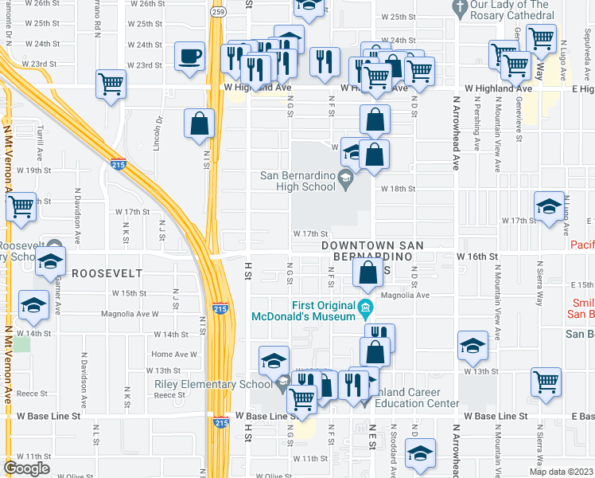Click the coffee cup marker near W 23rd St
point(189,57)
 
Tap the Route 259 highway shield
point(217,13)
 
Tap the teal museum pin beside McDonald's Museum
point(364,308)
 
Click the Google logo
point(26,468)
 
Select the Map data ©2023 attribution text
point(561,472)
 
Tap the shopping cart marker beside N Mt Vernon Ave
point(21,206)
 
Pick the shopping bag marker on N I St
point(199,123)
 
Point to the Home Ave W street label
point(173,354)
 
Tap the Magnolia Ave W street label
point(130,314)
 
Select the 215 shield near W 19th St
point(116,163)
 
